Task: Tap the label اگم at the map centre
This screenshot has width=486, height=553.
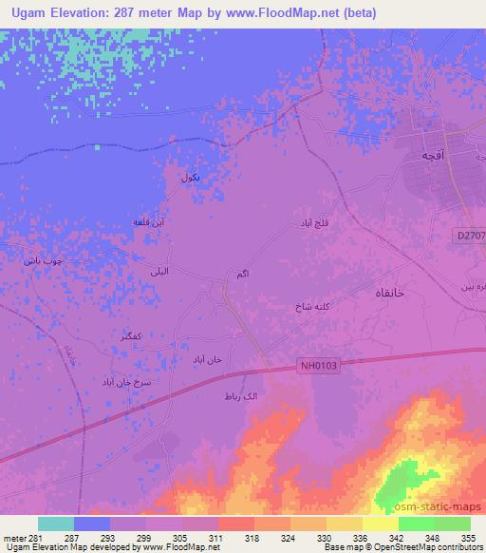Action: [241, 275]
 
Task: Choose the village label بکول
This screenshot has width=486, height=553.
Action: [191, 177]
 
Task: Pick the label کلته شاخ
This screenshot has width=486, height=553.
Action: [315, 309]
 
